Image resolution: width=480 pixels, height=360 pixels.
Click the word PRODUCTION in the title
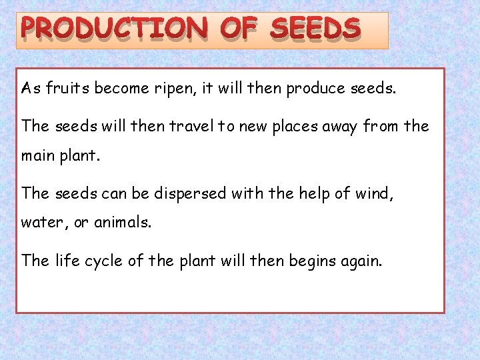114,29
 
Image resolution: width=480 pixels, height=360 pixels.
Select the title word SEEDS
316,29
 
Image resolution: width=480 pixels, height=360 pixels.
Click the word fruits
68,89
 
